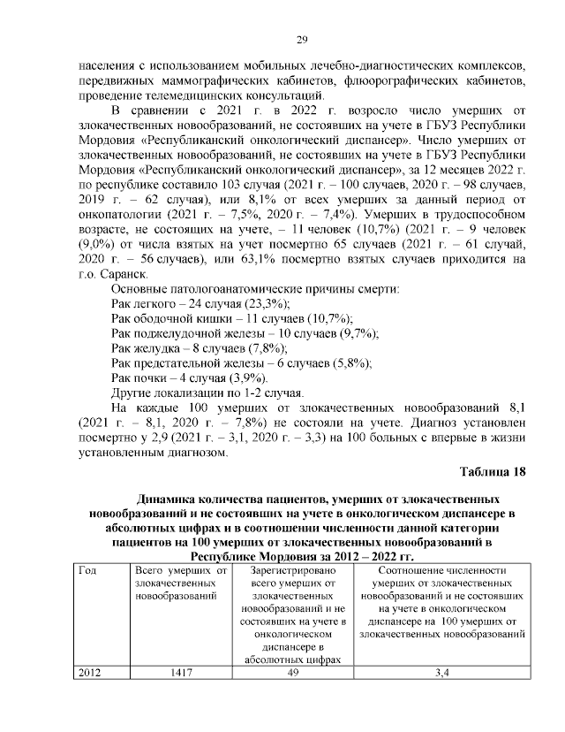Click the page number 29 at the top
[x=299, y=39]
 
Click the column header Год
[x=87, y=570]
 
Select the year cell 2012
[x=90, y=671]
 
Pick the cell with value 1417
[x=177, y=671]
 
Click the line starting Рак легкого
[x=184, y=304]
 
